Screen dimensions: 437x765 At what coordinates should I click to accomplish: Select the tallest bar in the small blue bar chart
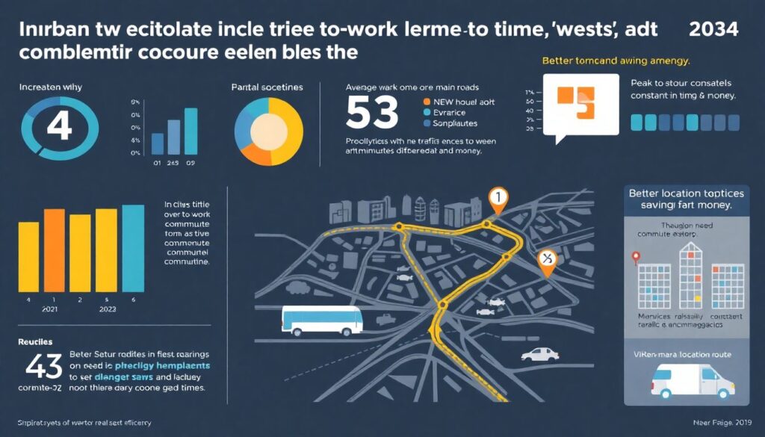[191, 130]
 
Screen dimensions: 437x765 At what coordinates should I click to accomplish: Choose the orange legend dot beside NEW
[427, 101]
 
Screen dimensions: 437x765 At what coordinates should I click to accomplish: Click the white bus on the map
[322, 319]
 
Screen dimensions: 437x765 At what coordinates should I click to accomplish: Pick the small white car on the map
[539, 353]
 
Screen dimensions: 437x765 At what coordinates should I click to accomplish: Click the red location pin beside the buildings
[636, 258]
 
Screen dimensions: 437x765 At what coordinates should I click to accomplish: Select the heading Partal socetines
[267, 87]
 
